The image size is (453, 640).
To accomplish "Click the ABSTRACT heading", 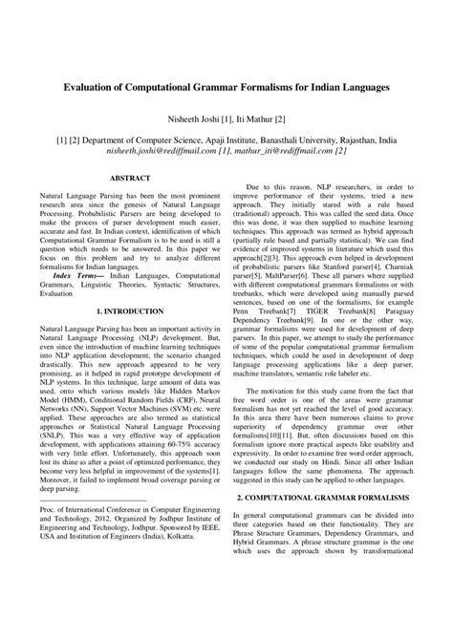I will [x=130, y=179].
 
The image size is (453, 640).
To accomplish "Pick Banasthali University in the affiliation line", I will [x=306, y=138].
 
